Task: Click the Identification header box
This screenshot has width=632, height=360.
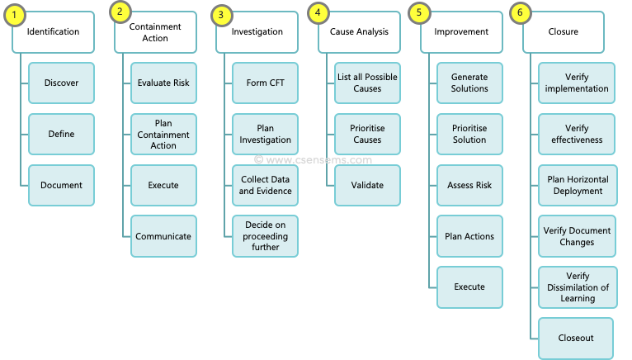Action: click(53, 32)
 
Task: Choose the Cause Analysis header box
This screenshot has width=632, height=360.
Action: click(360, 32)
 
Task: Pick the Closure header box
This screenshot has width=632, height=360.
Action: click(564, 32)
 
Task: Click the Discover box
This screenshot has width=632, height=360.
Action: click(61, 83)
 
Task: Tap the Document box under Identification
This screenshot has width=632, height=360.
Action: click(61, 185)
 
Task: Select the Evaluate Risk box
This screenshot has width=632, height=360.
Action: click(163, 83)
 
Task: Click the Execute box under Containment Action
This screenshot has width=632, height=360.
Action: click(163, 185)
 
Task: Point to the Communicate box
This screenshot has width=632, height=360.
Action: click(163, 236)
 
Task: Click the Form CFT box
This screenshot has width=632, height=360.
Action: click(265, 83)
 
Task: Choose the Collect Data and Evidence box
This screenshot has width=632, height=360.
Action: click(265, 185)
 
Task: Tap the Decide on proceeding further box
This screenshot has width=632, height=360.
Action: click(265, 236)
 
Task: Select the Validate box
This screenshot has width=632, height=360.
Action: click(367, 185)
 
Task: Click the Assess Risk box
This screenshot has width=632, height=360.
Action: click(469, 185)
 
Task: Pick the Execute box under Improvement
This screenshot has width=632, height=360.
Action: click(469, 287)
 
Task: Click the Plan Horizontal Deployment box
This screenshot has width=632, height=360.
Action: click(576, 185)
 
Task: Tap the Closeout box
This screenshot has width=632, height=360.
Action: click(576, 338)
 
